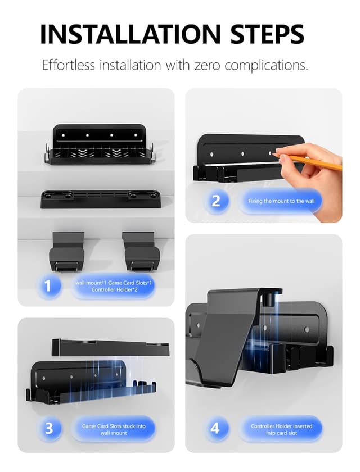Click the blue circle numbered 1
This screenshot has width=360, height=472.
pyautogui.click(x=47, y=285)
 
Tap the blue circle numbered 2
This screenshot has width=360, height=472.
pyautogui.click(x=216, y=201)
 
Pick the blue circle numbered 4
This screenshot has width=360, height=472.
pyautogui.click(x=215, y=429)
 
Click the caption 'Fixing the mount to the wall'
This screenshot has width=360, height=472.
pyautogui.click(x=281, y=201)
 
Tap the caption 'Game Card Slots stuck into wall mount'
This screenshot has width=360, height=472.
pyautogui.click(x=114, y=429)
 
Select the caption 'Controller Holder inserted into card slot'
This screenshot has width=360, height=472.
pyautogui.click(x=281, y=429)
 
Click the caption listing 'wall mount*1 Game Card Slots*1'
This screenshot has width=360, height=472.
pyautogui.click(x=114, y=286)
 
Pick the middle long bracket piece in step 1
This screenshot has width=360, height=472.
pyautogui.click(x=99, y=198)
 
